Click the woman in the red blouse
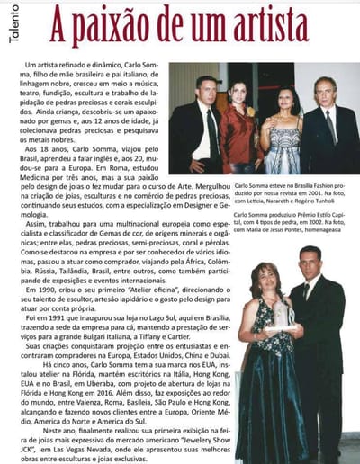[x=240, y=126]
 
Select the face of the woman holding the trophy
[x=271, y=273]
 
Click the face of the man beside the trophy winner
[x=310, y=265]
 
